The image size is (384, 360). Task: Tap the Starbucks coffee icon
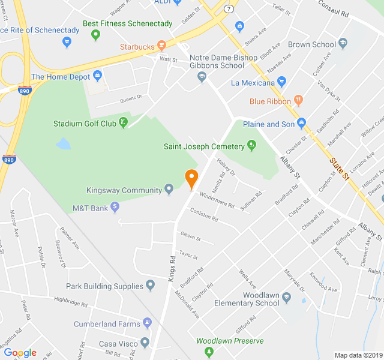point(161,46)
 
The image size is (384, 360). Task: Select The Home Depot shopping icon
point(98,77)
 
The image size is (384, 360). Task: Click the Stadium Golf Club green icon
point(123,124)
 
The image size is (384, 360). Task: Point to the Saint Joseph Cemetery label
point(204,146)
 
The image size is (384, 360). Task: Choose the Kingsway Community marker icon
point(169,190)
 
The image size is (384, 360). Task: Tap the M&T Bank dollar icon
point(115,208)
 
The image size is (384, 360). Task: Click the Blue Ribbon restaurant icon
point(298,101)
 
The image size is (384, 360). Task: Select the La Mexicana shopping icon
point(282,82)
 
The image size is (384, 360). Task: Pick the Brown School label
point(312,44)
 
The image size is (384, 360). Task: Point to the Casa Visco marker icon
point(145,343)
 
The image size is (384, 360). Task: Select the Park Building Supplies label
point(104,287)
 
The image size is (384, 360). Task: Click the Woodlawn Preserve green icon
point(201,340)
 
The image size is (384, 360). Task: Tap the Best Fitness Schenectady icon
point(95,35)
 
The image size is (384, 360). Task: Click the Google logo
point(20,353)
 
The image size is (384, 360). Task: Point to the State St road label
point(339,168)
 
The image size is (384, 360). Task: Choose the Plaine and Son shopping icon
point(301,124)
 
